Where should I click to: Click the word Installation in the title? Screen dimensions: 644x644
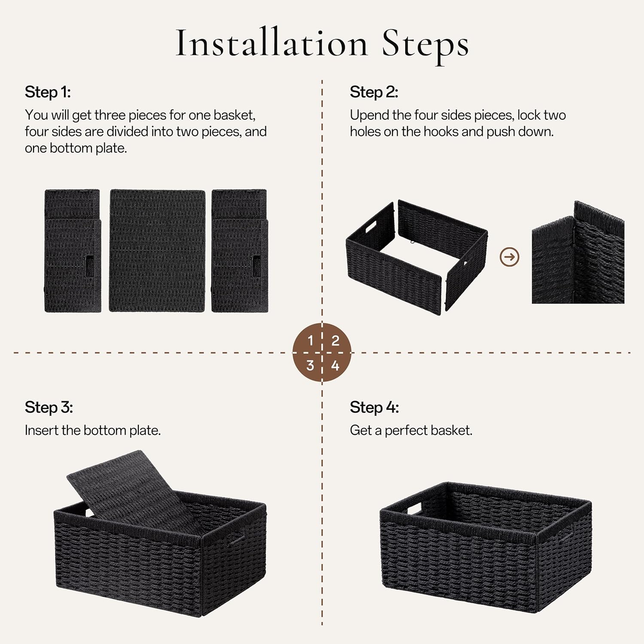[272, 43]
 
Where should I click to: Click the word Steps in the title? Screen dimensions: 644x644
[425, 44]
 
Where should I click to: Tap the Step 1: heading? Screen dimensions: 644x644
[48, 92]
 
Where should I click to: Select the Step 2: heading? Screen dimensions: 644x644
[374, 92]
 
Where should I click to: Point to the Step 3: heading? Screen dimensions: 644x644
[49, 407]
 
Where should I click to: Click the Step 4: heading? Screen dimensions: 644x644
[374, 407]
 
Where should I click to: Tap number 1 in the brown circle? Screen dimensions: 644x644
[310, 340]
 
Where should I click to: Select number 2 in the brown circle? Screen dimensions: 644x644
[335, 340]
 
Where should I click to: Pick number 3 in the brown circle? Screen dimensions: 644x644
[310, 365]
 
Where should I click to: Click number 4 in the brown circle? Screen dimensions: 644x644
[335, 365]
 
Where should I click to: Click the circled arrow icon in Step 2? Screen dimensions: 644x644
[510, 257]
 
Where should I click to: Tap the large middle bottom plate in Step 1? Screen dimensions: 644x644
[157, 251]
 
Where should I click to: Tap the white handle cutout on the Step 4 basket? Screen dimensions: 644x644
[415, 509]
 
